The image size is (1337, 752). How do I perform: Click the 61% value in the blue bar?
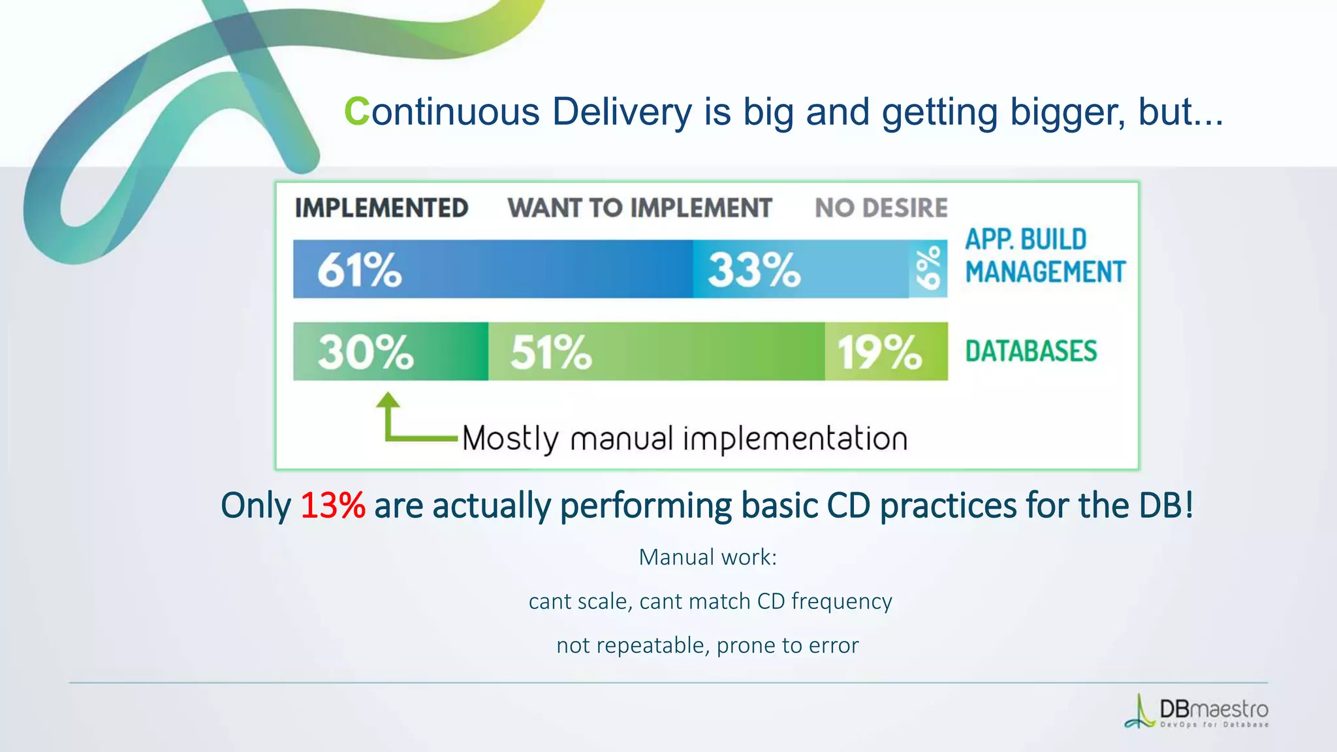click(359, 270)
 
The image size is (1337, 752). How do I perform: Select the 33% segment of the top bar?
click(754, 270)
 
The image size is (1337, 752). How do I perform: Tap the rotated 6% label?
click(928, 268)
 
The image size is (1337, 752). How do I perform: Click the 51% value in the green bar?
click(550, 352)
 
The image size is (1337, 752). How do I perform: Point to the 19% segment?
click(879, 352)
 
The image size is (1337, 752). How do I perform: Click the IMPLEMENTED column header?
click(381, 208)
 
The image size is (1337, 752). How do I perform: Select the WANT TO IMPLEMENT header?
click(640, 208)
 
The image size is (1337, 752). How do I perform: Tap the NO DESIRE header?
click(881, 208)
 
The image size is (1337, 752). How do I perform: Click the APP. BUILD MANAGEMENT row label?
click(1045, 256)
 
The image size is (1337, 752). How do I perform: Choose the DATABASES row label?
click(1031, 351)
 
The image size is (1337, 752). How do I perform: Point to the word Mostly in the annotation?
click(510, 439)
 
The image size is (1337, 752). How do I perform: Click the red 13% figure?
click(332, 506)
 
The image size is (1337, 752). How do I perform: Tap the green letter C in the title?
click(356, 112)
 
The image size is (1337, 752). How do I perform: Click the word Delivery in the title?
click(621, 112)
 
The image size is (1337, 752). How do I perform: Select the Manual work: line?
click(708, 557)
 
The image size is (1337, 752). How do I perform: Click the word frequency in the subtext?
click(841, 601)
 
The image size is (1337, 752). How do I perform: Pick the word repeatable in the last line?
click(650, 646)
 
